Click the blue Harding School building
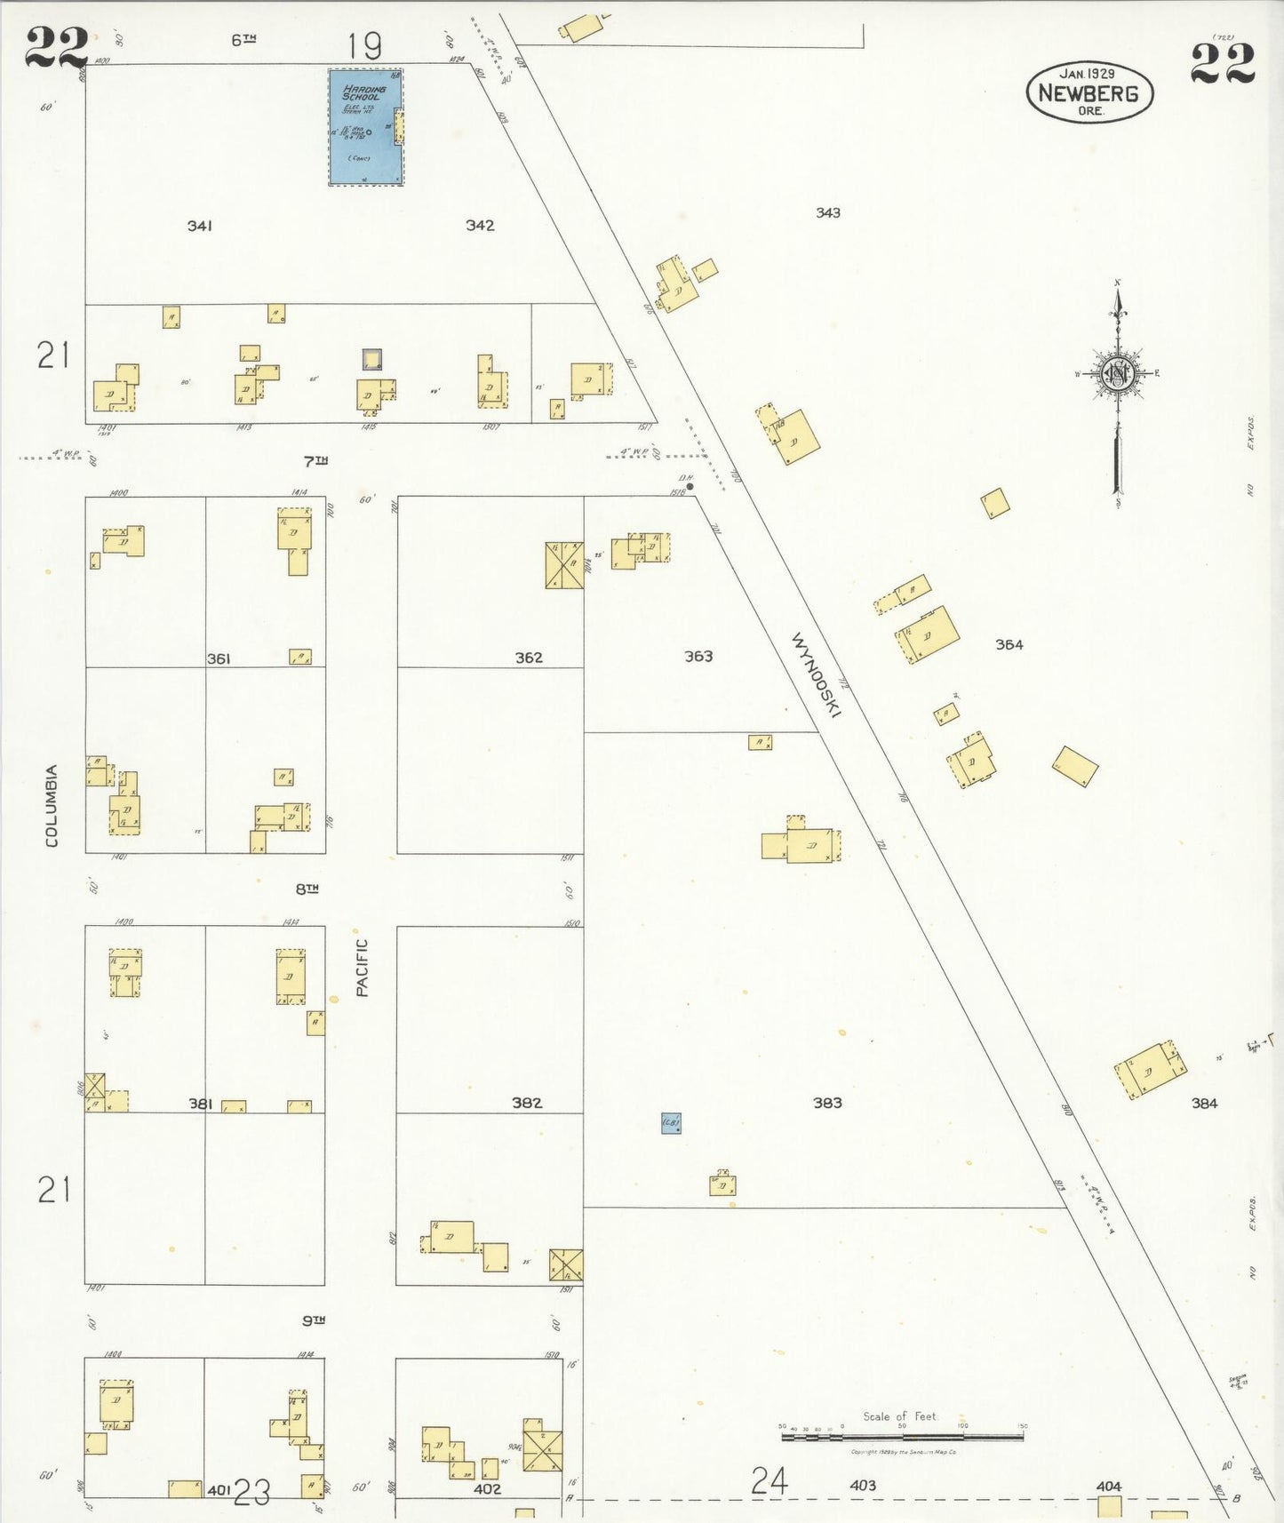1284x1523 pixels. (365, 127)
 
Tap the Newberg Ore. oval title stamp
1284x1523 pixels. (1089, 92)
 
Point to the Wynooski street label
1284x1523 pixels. (817, 674)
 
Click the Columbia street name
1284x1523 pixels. (52, 805)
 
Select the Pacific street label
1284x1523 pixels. (362, 968)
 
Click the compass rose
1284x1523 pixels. (1117, 374)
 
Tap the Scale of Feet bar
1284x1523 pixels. (901, 1434)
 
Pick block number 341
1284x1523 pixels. (199, 227)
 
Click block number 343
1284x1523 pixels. (827, 213)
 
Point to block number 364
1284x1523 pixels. (1009, 645)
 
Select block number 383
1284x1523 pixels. (826, 1103)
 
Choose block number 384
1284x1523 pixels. (1204, 1104)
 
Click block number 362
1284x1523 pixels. (529, 658)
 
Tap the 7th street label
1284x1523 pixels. (315, 461)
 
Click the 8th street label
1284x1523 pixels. (307, 889)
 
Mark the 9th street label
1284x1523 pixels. (314, 1321)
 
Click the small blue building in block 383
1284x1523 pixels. (671, 1123)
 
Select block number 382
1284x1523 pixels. (527, 1103)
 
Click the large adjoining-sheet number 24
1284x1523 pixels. (770, 1481)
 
